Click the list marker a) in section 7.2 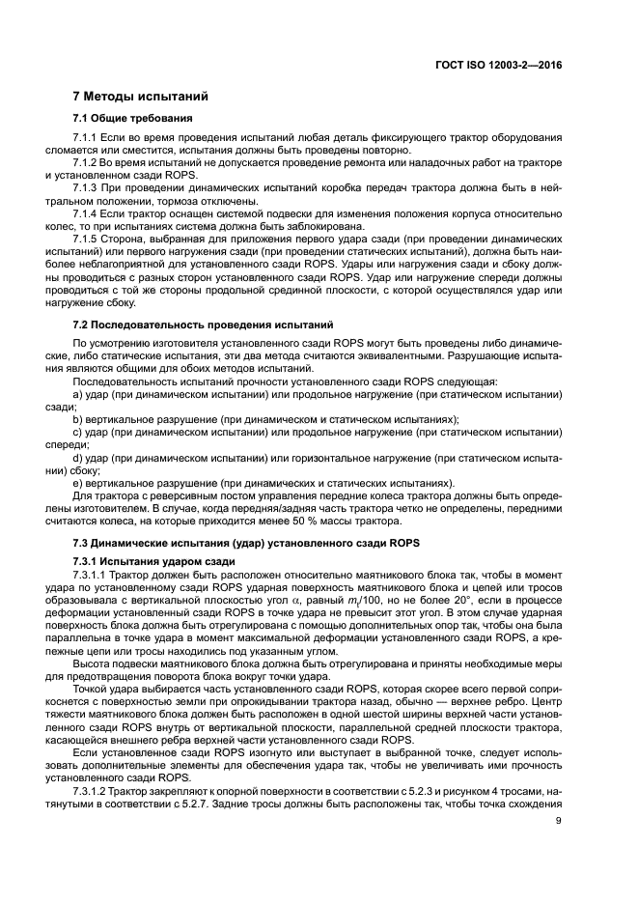tap(78, 396)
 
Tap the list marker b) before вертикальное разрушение tap(78, 420)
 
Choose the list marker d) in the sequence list tap(78, 458)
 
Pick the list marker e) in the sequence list tap(78, 482)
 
